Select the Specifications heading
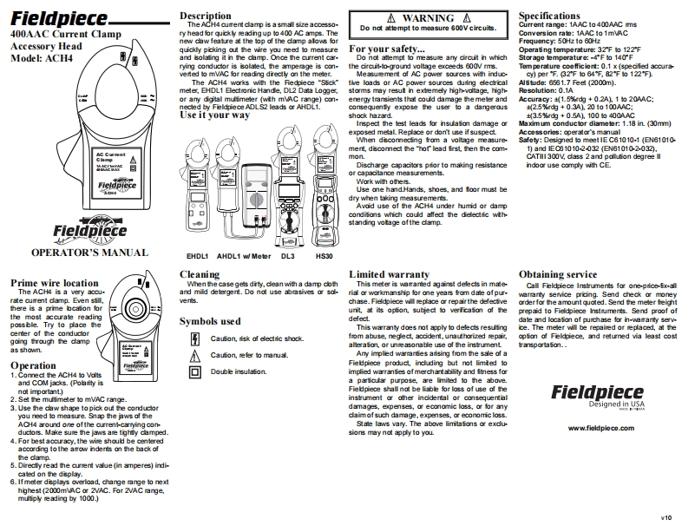click(x=557, y=16)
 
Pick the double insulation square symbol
click(x=193, y=371)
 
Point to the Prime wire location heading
click(x=54, y=283)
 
